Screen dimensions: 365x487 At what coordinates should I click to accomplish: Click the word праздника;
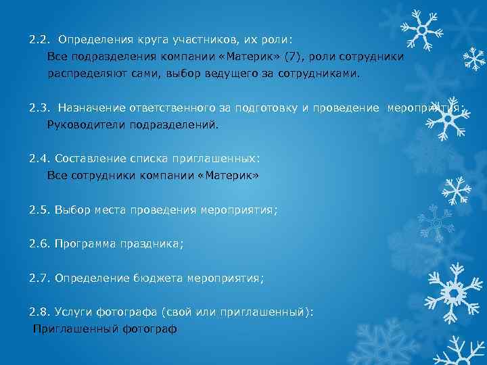coord(152,244)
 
